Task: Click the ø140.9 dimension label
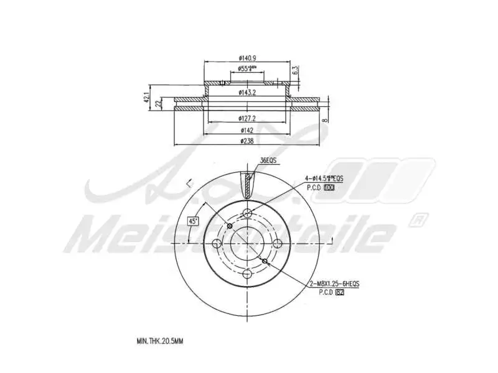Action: point(248,58)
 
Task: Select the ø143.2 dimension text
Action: point(248,93)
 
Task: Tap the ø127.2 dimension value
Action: point(248,119)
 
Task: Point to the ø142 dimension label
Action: point(248,131)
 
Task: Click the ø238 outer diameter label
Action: point(248,141)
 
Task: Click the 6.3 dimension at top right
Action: point(296,70)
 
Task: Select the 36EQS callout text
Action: point(268,160)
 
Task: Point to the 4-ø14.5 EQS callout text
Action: point(324,178)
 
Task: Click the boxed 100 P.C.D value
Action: point(329,186)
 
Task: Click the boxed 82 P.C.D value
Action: point(339,292)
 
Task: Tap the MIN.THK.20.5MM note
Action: point(160,341)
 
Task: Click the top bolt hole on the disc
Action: point(248,214)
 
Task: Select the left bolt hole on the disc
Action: point(217,243)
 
